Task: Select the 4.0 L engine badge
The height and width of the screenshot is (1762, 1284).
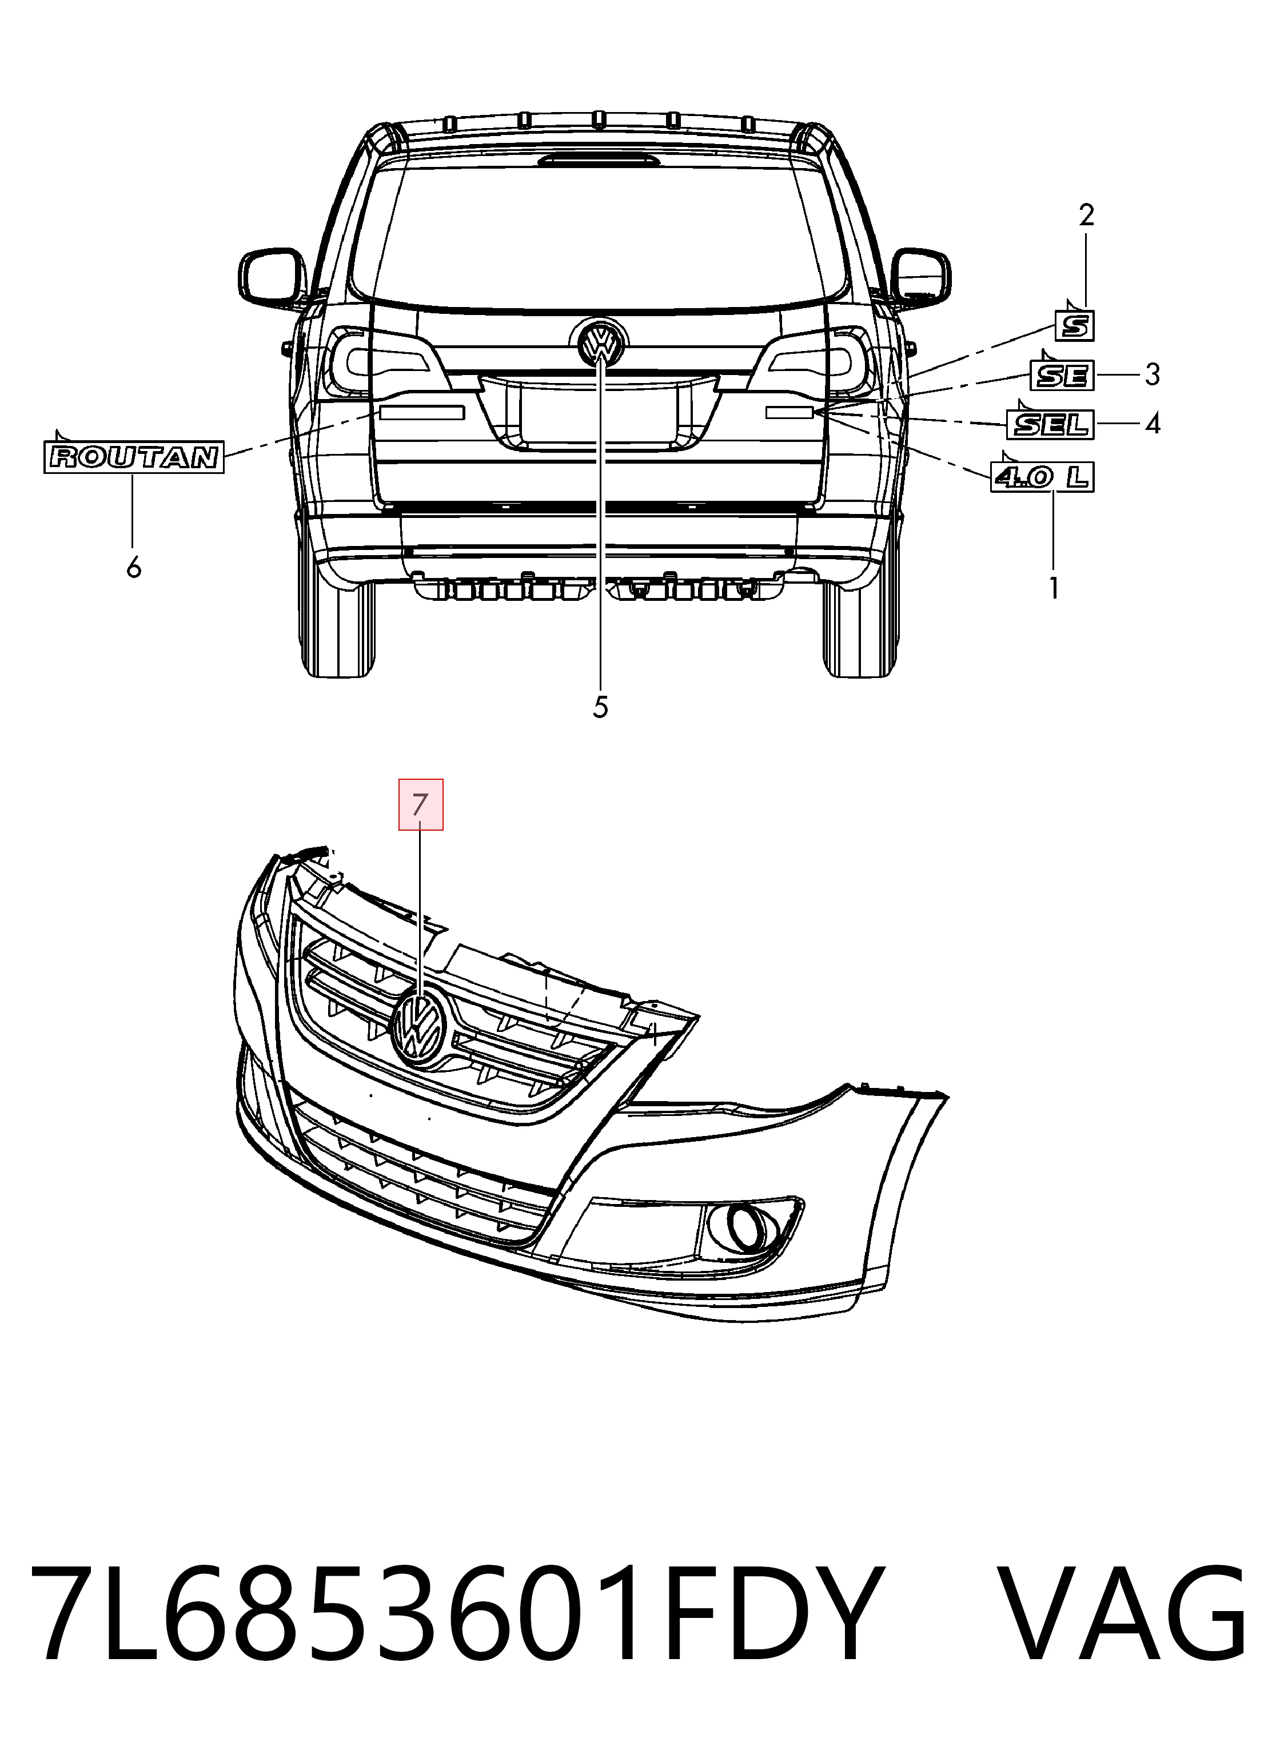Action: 1042,476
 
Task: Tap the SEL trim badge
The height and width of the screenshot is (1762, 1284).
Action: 1051,424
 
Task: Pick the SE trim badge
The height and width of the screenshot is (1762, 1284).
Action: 1062,376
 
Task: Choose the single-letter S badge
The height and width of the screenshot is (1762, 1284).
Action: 1075,325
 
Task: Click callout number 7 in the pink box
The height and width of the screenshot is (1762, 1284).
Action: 421,804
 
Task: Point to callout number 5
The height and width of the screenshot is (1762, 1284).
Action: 600,707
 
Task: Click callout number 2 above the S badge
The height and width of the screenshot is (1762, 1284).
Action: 1087,214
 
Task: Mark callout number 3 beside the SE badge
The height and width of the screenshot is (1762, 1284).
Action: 1153,374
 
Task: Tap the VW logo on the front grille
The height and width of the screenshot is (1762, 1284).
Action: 419,1026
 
